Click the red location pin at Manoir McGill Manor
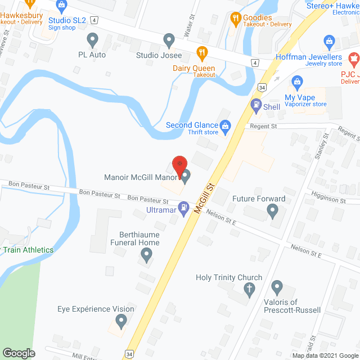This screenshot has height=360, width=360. (x=179, y=164)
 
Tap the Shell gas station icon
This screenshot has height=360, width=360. (x=256, y=104)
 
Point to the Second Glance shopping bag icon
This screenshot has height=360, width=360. (x=226, y=125)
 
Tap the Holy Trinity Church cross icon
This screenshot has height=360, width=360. (x=250, y=289)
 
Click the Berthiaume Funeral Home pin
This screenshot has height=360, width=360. (x=146, y=256)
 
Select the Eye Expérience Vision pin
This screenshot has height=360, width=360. (x=120, y=321)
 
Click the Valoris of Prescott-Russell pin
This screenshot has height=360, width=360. (x=276, y=288)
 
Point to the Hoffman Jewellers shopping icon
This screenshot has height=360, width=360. (x=329, y=41)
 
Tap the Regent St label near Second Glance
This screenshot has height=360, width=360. (x=264, y=127)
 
